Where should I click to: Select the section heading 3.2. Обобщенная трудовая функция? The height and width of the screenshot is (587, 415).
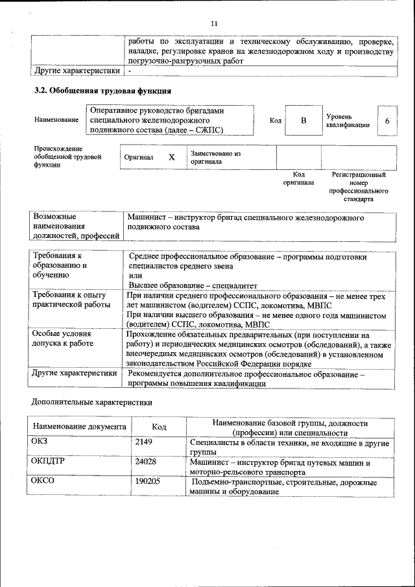click(102, 90)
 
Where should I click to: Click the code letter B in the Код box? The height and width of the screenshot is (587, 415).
click(302, 121)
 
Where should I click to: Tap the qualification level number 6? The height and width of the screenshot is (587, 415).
click(387, 121)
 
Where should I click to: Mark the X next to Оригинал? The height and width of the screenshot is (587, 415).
click(171, 158)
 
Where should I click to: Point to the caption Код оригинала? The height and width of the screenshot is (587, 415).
click(298, 179)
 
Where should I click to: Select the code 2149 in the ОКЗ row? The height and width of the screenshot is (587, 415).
click(143, 443)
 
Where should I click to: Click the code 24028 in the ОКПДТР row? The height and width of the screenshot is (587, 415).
click(145, 463)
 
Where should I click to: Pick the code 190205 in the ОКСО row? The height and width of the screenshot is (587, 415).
click(148, 483)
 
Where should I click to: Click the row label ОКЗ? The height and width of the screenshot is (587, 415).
click(40, 443)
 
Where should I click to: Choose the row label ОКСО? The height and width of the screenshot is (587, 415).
click(43, 483)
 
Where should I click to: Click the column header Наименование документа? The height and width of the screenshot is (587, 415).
click(80, 427)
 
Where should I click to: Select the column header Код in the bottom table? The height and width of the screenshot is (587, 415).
click(159, 427)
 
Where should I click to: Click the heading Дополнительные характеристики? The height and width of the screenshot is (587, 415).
click(91, 403)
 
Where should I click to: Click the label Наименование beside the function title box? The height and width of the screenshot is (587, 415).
click(57, 119)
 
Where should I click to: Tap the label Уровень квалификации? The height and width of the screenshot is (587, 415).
click(348, 121)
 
